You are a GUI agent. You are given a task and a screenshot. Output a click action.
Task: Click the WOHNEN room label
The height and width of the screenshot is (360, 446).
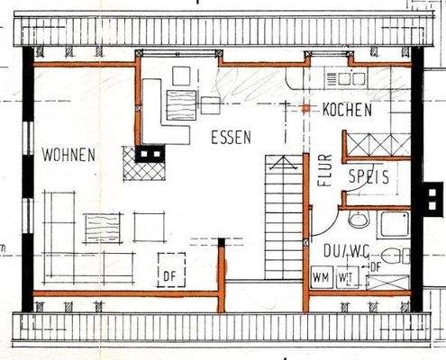(x=68, y=155)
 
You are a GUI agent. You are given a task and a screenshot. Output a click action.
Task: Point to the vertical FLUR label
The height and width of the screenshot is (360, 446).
(x=326, y=170)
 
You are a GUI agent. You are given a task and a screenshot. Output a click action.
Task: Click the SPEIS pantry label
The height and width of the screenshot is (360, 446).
(x=369, y=177)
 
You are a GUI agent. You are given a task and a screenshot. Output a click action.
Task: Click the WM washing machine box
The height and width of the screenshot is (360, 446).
(x=321, y=276)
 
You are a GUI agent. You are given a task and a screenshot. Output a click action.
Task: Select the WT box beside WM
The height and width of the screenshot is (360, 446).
(x=343, y=276)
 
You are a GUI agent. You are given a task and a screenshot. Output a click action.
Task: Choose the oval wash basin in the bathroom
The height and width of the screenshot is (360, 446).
(x=359, y=220)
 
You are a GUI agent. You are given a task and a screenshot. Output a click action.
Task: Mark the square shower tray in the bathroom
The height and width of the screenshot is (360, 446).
(x=394, y=222)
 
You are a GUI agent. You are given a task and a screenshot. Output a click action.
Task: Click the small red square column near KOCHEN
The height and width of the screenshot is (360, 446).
(x=306, y=108)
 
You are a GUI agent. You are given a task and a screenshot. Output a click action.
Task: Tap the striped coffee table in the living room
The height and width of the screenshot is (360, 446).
(x=103, y=228)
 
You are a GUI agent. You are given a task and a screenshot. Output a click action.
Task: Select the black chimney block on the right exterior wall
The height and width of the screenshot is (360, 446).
(x=427, y=190)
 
